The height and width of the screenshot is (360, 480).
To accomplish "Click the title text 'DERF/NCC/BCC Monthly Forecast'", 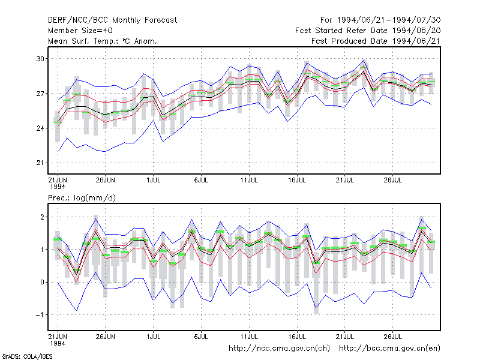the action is click(x=112, y=20).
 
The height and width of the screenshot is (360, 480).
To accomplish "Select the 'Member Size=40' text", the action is click(x=80, y=31).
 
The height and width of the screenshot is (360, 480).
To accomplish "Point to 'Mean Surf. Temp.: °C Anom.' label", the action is click(x=103, y=41).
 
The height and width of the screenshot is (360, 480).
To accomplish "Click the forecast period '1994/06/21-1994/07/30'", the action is click(x=389, y=20).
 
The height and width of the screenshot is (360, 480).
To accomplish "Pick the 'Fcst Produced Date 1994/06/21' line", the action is click(x=376, y=41).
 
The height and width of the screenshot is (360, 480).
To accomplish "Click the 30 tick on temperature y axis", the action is click(x=40, y=59).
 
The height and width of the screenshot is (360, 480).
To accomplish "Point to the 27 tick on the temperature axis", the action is click(x=40, y=94).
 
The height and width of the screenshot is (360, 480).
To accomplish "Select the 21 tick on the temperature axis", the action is click(x=40, y=163).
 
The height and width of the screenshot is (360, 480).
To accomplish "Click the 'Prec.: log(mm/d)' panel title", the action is click(x=82, y=198).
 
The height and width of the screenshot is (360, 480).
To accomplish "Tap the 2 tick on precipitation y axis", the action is click(x=42, y=217).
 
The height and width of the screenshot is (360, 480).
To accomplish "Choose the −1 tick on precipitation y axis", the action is click(x=40, y=314).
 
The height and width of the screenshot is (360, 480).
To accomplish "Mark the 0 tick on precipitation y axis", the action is click(x=42, y=282).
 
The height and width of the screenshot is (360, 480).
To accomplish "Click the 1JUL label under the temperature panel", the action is click(x=154, y=180).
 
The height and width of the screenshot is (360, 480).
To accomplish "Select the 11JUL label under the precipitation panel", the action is click(x=249, y=337).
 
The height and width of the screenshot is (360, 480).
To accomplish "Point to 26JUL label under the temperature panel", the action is click(x=393, y=180).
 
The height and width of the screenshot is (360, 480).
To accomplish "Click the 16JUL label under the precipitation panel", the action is click(x=297, y=337).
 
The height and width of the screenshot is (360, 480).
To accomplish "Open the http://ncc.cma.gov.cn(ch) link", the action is click(x=279, y=349).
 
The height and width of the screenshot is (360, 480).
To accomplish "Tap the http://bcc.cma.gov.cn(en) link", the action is click(x=389, y=349).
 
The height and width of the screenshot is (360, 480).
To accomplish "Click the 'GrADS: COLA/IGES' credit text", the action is click(x=28, y=356).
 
